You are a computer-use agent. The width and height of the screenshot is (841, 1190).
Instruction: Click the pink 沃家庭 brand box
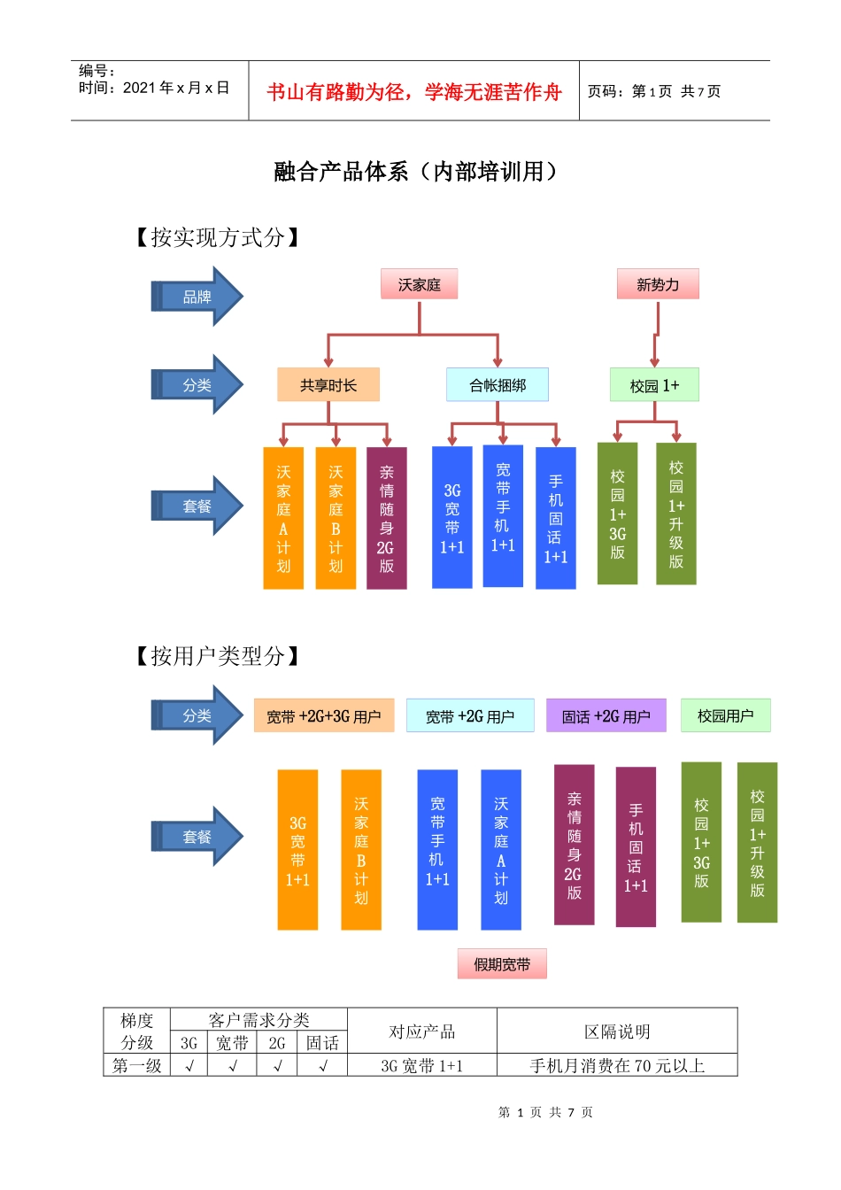pos(419,284)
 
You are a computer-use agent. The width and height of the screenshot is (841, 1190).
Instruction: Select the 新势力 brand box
pos(657,284)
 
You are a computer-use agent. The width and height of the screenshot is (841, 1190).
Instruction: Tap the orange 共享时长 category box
pos(328,385)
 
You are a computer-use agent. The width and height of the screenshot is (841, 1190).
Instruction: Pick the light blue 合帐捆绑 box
pos(497,385)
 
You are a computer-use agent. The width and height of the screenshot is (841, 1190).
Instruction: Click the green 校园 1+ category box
pos(654,385)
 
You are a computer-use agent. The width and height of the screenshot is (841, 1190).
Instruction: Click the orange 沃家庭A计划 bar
pos(283,518)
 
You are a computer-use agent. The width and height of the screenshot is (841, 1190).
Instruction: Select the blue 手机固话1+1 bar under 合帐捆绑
pos(555,518)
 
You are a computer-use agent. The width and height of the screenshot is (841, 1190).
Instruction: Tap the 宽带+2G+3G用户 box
pos(323,716)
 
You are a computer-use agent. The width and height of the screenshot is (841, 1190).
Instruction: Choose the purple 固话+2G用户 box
pos(606,716)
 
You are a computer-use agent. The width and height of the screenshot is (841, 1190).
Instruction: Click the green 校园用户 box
pos(725,715)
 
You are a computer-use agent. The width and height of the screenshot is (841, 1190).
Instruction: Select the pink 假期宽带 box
pos(502,964)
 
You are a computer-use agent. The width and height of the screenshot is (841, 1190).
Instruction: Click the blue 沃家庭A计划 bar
pos(501,850)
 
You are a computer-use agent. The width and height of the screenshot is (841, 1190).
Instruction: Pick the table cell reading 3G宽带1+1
pos(421,1066)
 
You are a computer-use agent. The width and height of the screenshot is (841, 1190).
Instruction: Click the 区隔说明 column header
pos(617,1032)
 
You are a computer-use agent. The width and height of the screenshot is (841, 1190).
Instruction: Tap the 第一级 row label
pos(136,1066)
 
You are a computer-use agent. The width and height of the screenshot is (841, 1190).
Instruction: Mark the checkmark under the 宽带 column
pos(233,1066)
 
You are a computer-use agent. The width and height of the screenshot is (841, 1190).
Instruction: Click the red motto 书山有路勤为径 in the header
pos(413,92)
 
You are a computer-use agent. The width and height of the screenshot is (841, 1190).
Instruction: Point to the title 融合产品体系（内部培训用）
pos(416,172)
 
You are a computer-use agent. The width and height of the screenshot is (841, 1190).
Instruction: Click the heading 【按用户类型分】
pos(217,656)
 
